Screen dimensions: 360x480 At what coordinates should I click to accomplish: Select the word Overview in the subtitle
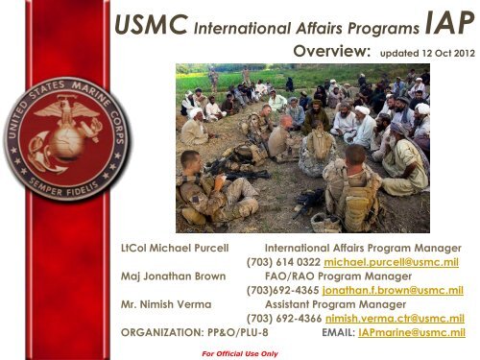click(x=331, y=52)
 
